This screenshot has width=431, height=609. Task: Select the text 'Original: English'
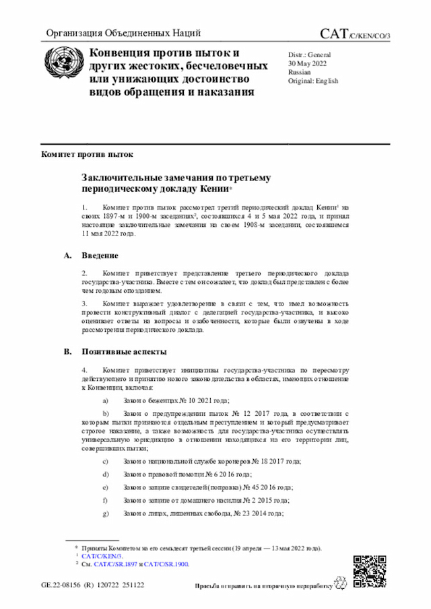point(313,81)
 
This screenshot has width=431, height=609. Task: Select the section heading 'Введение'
point(100,256)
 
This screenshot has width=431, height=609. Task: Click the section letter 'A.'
point(67,256)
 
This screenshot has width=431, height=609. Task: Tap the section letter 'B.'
point(67,352)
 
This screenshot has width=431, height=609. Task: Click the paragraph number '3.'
point(85,304)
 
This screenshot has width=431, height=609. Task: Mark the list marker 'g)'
point(104,513)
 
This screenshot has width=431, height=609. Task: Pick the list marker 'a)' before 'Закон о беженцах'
point(104,400)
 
